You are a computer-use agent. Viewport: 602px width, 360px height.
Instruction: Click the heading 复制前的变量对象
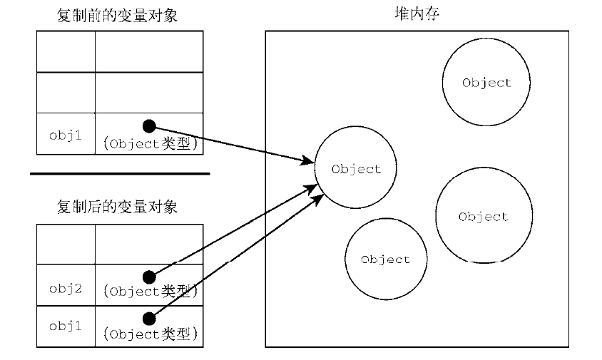[117, 16]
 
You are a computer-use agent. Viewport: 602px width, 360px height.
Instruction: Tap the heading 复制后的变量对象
[117, 207]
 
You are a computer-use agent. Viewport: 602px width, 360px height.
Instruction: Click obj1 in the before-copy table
[66, 135]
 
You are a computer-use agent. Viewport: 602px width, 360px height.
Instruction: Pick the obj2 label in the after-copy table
[66, 289]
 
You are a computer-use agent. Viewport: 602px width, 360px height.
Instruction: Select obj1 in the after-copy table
[66, 326]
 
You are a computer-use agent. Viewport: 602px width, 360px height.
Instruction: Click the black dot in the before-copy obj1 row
[148, 126]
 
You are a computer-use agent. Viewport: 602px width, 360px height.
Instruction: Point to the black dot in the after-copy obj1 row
[149, 318]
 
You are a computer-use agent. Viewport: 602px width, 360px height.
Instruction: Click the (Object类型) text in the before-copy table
[150, 143]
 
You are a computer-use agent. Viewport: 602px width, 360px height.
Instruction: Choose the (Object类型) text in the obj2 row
[150, 292]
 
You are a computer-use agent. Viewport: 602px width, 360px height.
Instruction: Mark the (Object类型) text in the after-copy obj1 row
[150, 333]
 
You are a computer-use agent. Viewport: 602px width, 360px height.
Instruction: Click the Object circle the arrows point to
[357, 169]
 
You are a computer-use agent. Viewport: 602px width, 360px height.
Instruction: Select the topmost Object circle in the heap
[486, 83]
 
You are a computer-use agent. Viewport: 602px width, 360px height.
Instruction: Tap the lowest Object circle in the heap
[386, 259]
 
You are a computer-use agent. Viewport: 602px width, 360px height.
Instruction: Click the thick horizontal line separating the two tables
[120, 173]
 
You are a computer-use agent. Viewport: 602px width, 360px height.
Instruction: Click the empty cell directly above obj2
[66, 244]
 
